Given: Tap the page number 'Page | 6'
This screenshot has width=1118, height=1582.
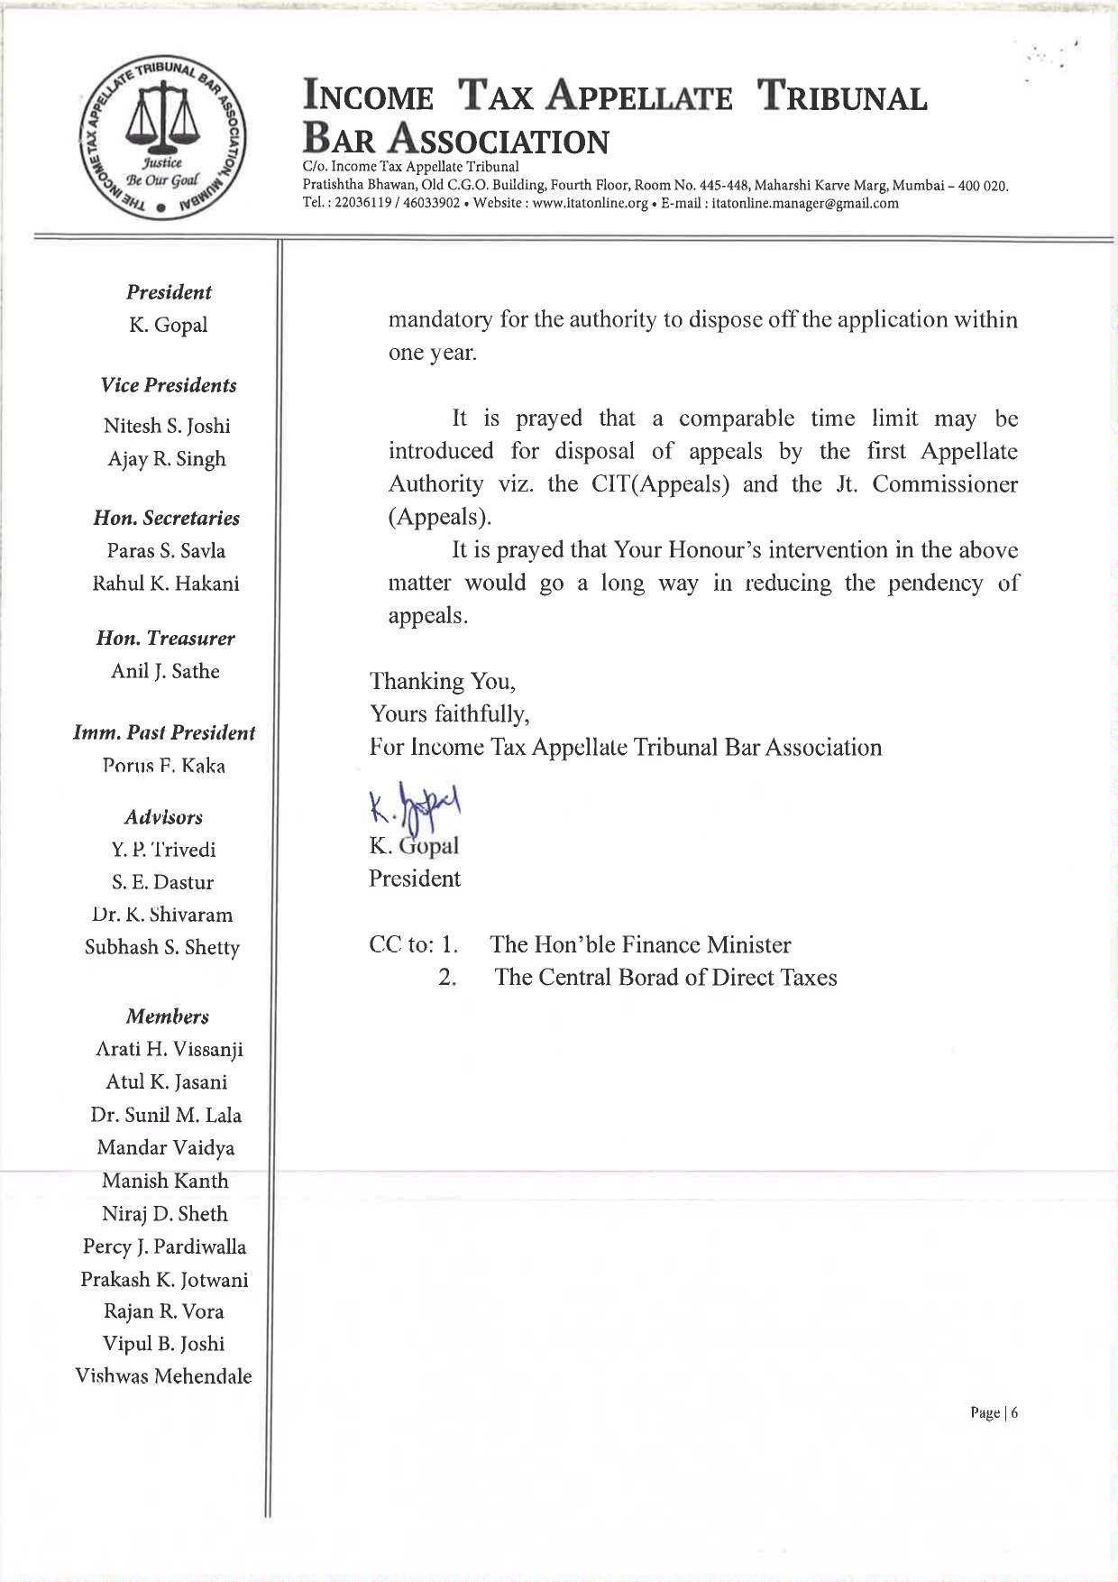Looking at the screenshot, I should pyautogui.click(x=994, y=1412).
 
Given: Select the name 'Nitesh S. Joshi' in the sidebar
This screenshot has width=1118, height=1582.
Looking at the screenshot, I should pyautogui.click(x=167, y=426).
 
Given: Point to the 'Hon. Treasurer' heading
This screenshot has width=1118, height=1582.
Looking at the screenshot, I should pyautogui.click(x=165, y=639).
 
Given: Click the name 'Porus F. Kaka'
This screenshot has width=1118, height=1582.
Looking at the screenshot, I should pyautogui.click(x=163, y=767).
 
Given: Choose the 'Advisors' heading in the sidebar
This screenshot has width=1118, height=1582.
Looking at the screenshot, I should pyautogui.click(x=163, y=817).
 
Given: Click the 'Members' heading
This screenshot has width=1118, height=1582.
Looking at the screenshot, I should pyautogui.click(x=167, y=1016).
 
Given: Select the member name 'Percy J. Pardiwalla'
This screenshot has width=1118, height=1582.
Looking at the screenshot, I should pyautogui.click(x=164, y=1246).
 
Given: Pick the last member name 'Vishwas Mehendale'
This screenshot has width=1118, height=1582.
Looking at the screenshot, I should pyautogui.click(x=163, y=1376).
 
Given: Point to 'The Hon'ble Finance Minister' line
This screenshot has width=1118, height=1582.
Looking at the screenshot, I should pyautogui.click(x=640, y=945).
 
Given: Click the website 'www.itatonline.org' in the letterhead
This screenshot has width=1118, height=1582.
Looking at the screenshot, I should pyautogui.click(x=591, y=204).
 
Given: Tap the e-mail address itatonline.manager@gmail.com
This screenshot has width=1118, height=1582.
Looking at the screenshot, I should pyautogui.click(x=805, y=204).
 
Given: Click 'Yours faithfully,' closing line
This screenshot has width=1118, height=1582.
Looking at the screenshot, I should pyautogui.click(x=449, y=714).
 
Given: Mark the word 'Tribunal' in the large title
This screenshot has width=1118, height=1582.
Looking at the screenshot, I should pyautogui.click(x=842, y=97).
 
